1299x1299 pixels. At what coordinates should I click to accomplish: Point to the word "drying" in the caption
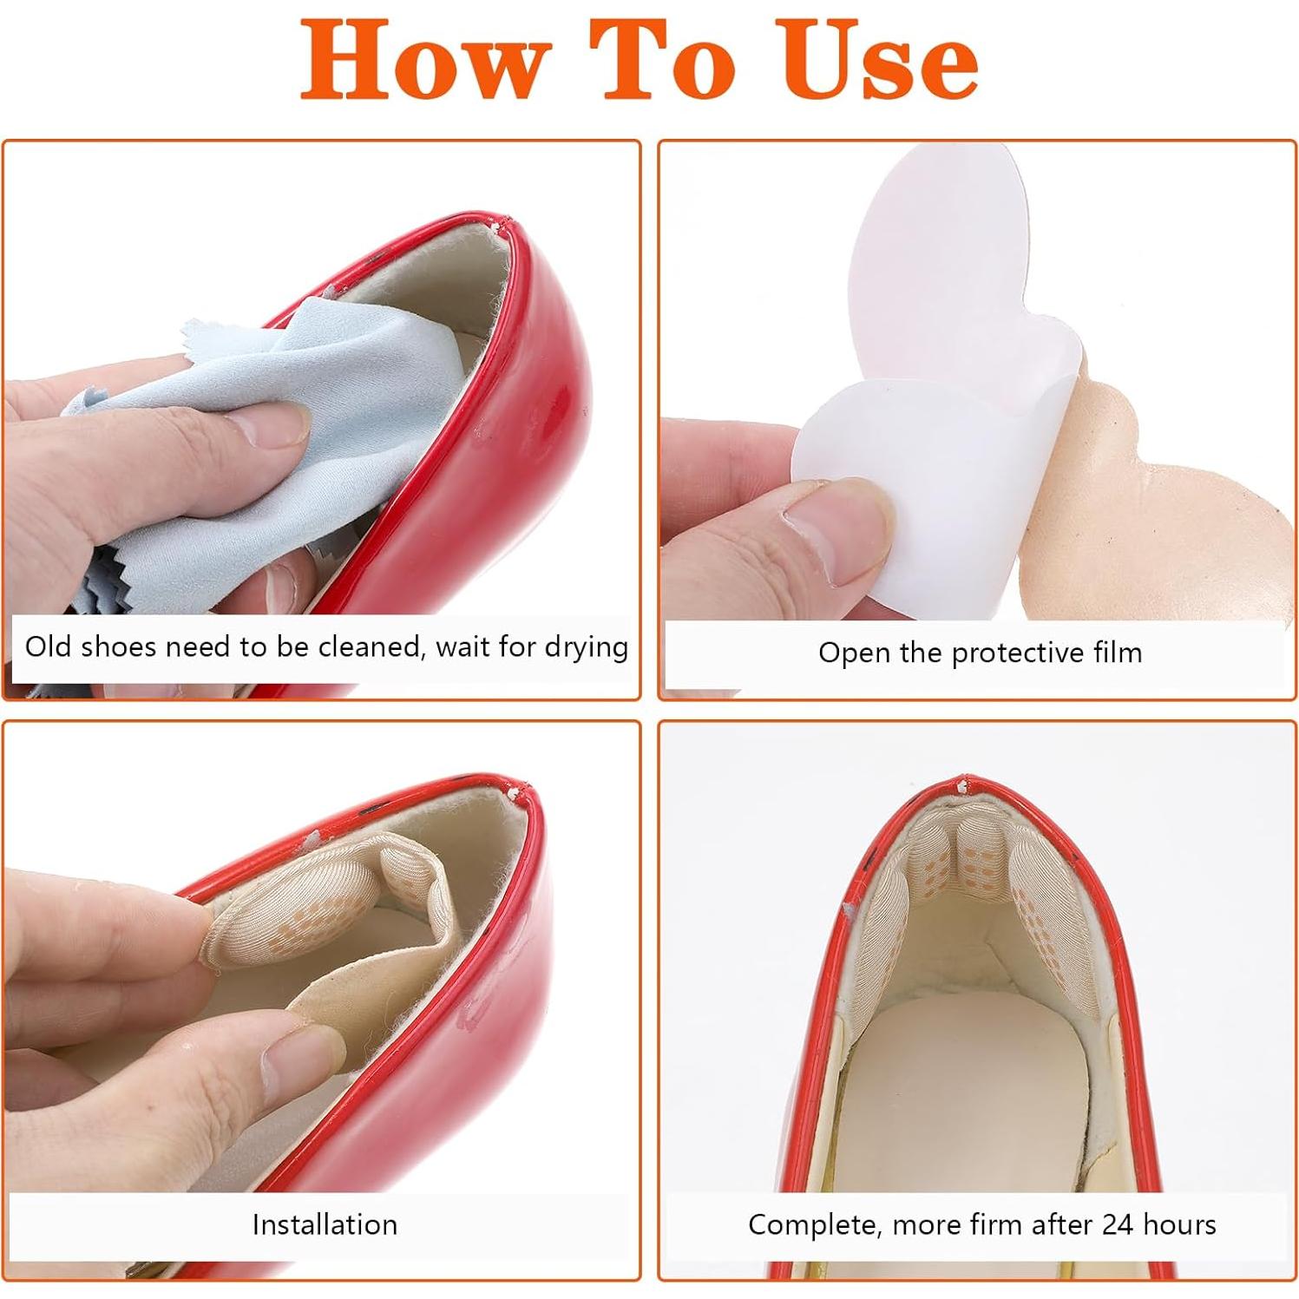pyautogui.click(x=586, y=648)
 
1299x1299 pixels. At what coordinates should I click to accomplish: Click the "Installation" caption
pyautogui.click(x=325, y=1224)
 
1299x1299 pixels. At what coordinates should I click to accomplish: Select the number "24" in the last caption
pyautogui.click(x=1118, y=1224)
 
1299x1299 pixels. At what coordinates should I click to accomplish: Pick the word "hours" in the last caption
pyautogui.click(x=1179, y=1224)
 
